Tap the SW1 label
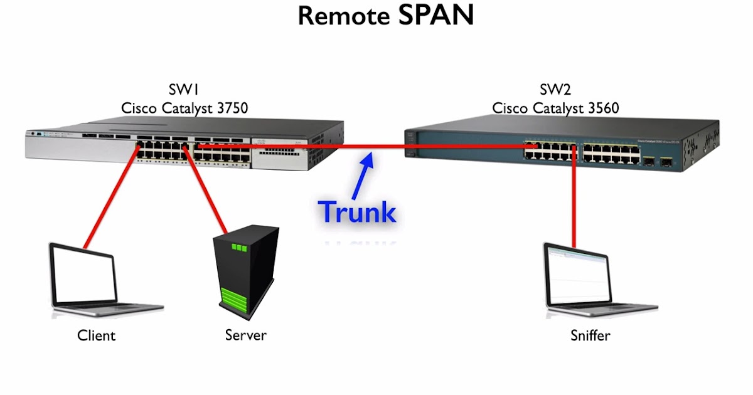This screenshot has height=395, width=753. pyautogui.click(x=184, y=90)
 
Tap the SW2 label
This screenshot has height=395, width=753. pyautogui.click(x=555, y=90)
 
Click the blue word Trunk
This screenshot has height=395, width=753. pyautogui.click(x=358, y=212)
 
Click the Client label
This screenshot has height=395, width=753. pyautogui.click(x=97, y=335)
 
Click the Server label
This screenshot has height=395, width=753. pyautogui.click(x=246, y=335)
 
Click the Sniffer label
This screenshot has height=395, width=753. pyautogui.click(x=590, y=335)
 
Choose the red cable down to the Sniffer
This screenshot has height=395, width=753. pyautogui.click(x=574, y=201)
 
